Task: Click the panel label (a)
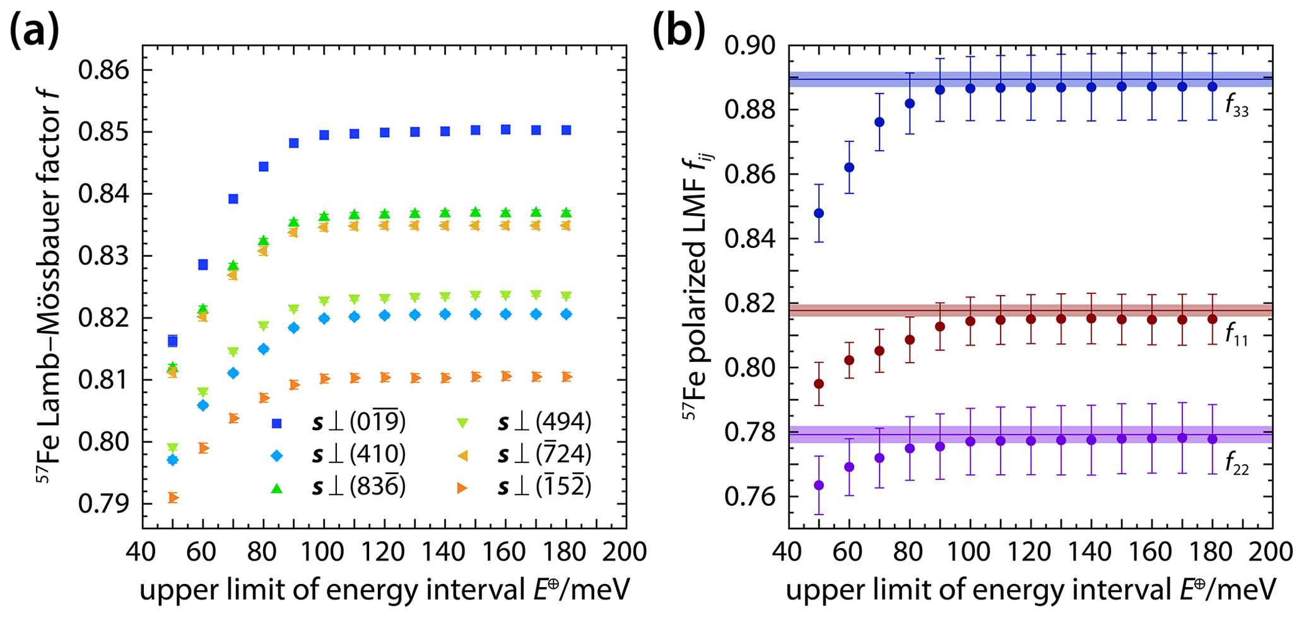click(x=35, y=30)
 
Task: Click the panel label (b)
click(x=679, y=30)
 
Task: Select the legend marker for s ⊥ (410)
click(x=278, y=455)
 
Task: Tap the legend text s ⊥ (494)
click(x=544, y=422)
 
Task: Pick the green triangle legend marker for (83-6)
click(x=278, y=487)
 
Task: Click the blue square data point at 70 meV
click(x=233, y=199)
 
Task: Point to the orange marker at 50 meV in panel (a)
click(x=173, y=498)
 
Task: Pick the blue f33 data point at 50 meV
click(x=819, y=213)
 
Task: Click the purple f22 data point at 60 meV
click(x=849, y=467)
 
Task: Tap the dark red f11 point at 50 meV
click(x=819, y=383)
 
